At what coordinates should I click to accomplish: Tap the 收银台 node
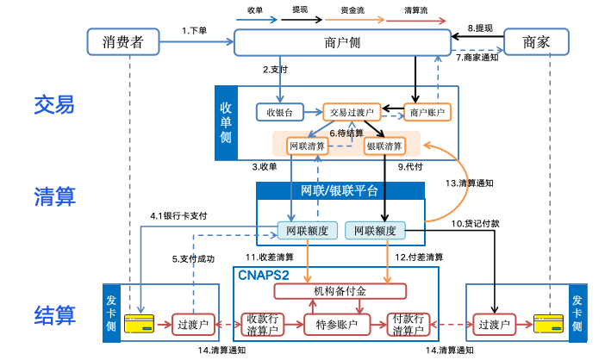tap(279, 112)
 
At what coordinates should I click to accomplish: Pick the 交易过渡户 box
tap(352, 112)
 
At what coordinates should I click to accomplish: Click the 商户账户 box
tap(428, 112)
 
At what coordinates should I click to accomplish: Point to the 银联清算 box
tap(384, 146)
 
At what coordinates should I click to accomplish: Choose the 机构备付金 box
tap(340, 290)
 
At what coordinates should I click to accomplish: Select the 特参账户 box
tap(337, 324)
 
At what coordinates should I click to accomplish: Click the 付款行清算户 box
tap(408, 324)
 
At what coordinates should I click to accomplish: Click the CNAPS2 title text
tap(263, 274)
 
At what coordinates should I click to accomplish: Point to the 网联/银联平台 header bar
tap(340, 190)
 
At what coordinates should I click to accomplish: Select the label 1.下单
tap(195, 31)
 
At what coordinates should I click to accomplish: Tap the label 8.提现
tap(479, 28)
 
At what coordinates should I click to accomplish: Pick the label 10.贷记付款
tap(476, 224)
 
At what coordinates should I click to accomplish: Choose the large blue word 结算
tap(55, 313)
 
